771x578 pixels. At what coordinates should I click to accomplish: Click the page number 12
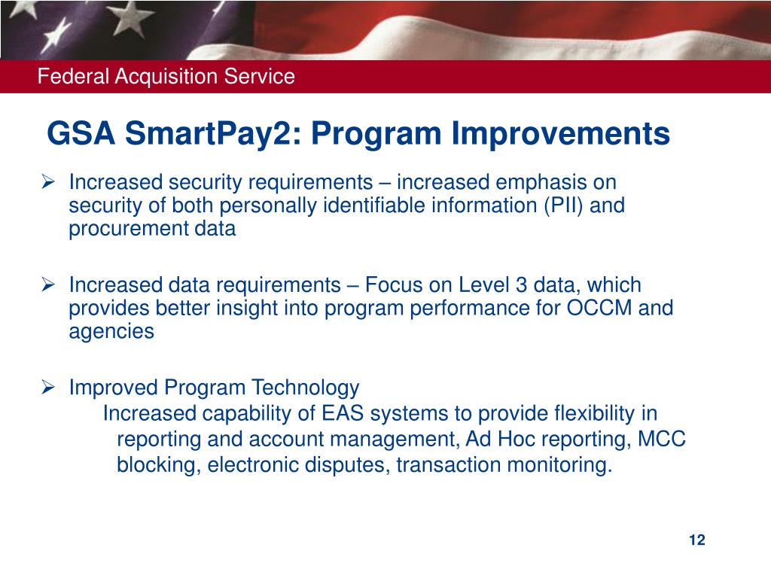coord(696,540)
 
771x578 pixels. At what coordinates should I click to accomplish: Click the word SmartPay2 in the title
coord(214,134)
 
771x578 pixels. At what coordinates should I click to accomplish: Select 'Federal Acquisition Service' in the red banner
coord(166,76)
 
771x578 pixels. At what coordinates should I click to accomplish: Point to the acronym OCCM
coord(590,309)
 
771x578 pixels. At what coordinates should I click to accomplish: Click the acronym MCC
coord(662,440)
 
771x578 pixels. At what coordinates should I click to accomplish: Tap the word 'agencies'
coord(111,332)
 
